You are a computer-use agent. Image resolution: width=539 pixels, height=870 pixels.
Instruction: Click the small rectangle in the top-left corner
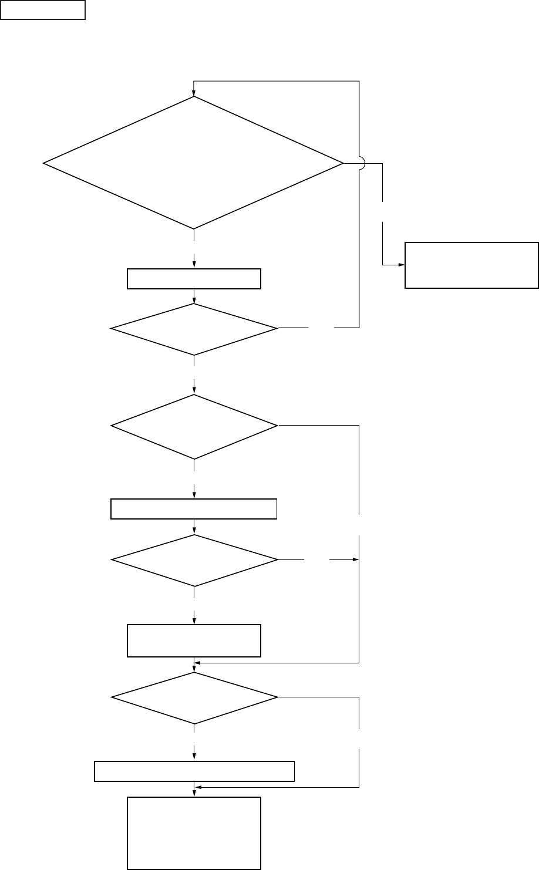point(43,10)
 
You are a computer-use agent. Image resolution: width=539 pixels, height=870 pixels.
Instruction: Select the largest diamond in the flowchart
point(194,162)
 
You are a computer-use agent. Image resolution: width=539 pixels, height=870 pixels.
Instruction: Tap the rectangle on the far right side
point(471,265)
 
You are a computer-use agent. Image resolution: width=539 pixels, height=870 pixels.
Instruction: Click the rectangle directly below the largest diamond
point(194,279)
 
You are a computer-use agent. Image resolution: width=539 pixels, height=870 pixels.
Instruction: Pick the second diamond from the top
point(194,329)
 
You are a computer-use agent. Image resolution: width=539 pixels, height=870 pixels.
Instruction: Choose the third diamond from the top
point(194,426)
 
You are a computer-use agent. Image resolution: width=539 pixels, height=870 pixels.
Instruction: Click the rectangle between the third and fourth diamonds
point(194,509)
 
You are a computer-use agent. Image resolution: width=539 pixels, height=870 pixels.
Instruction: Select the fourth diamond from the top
point(194,560)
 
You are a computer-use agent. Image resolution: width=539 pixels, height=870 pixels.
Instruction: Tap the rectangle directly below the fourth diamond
point(194,640)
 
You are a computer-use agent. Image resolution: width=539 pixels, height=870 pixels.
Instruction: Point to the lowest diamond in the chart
point(194,698)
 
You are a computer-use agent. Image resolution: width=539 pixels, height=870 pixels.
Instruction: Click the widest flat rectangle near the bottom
point(194,771)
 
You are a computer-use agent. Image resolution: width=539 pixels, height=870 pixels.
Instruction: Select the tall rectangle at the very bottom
point(194,832)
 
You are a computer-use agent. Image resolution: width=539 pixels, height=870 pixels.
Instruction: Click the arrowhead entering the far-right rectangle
point(402,265)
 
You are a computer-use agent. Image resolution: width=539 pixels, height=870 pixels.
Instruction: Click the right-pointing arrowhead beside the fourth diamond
point(355,560)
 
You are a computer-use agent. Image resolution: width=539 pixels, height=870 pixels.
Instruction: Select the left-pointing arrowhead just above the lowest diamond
point(198,663)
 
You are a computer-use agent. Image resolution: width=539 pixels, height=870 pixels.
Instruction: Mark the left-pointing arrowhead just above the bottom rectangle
point(198,787)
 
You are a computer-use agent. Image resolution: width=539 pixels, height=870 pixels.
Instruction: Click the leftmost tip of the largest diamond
point(44,163)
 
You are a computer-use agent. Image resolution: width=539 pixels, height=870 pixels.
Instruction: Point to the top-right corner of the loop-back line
point(359,81)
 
